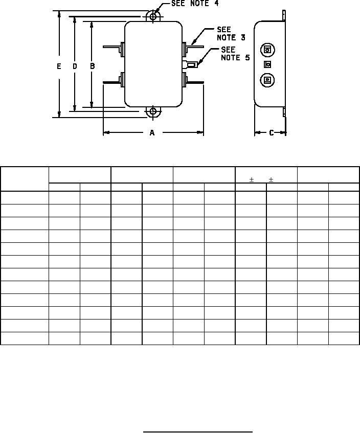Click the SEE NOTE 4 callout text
pos(195,3)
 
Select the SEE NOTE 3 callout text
pos(231,33)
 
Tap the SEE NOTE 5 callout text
pos(235,54)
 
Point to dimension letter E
pos(59,66)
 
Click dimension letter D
pos(75,66)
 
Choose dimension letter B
pos(93,66)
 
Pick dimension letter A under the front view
pos(152,133)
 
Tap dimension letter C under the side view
pos(272,133)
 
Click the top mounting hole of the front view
pos(153,16)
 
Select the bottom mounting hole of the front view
pos(153,111)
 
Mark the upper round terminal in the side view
pos(267,50)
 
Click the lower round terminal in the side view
pos(267,80)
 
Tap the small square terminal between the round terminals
pos(267,64)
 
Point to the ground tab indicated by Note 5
pos(190,65)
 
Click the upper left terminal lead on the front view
pos(114,47)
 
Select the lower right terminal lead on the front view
pos(193,81)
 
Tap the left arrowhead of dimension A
pos(107,133)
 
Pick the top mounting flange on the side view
pos(284,15)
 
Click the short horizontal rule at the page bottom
pos(198,431)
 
